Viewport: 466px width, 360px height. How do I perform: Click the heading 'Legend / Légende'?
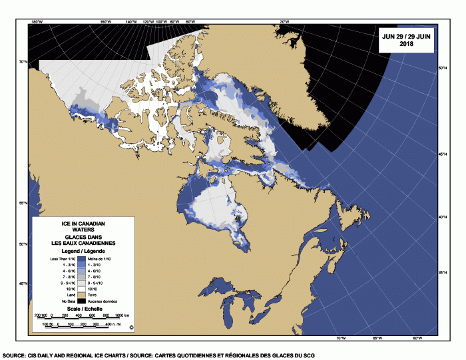coord(82,251)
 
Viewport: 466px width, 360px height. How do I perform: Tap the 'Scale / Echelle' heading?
coord(82,310)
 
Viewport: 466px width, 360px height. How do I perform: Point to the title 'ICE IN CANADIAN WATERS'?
coord(82,225)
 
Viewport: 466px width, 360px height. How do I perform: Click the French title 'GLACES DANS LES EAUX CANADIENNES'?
coord(82,240)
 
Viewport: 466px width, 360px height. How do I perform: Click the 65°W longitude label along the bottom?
coord(377,338)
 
